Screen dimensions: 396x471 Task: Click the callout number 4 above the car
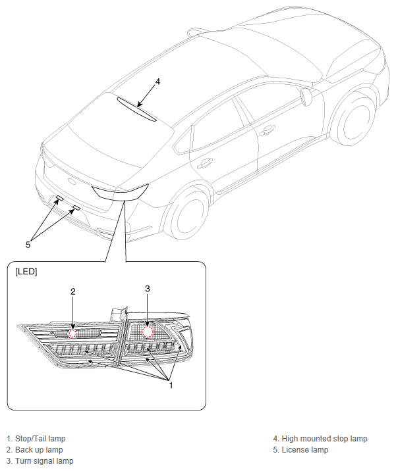(157, 82)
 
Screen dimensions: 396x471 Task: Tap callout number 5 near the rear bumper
(28, 245)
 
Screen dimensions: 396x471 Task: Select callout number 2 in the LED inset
(73, 291)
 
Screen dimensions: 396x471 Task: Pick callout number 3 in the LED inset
(147, 288)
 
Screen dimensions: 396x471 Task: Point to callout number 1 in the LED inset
(171, 385)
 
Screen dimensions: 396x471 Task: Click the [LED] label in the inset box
(26, 272)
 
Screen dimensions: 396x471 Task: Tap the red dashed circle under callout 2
(73, 334)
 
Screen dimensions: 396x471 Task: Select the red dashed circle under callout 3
(148, 332)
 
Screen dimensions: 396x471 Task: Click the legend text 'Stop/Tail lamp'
(40, 439)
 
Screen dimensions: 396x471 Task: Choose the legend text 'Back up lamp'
(39, 450)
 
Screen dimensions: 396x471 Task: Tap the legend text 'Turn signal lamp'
(44, 460)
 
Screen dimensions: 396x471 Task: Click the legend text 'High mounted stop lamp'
(324, 439)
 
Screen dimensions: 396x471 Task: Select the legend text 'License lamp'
(305, 450)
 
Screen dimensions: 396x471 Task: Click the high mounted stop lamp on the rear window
(136, 109)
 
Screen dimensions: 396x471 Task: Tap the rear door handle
(204, 163)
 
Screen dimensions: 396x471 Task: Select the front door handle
(268, 130)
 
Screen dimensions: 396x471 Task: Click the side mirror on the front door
(306, 97)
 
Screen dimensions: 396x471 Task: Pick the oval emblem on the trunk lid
(72, 181)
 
